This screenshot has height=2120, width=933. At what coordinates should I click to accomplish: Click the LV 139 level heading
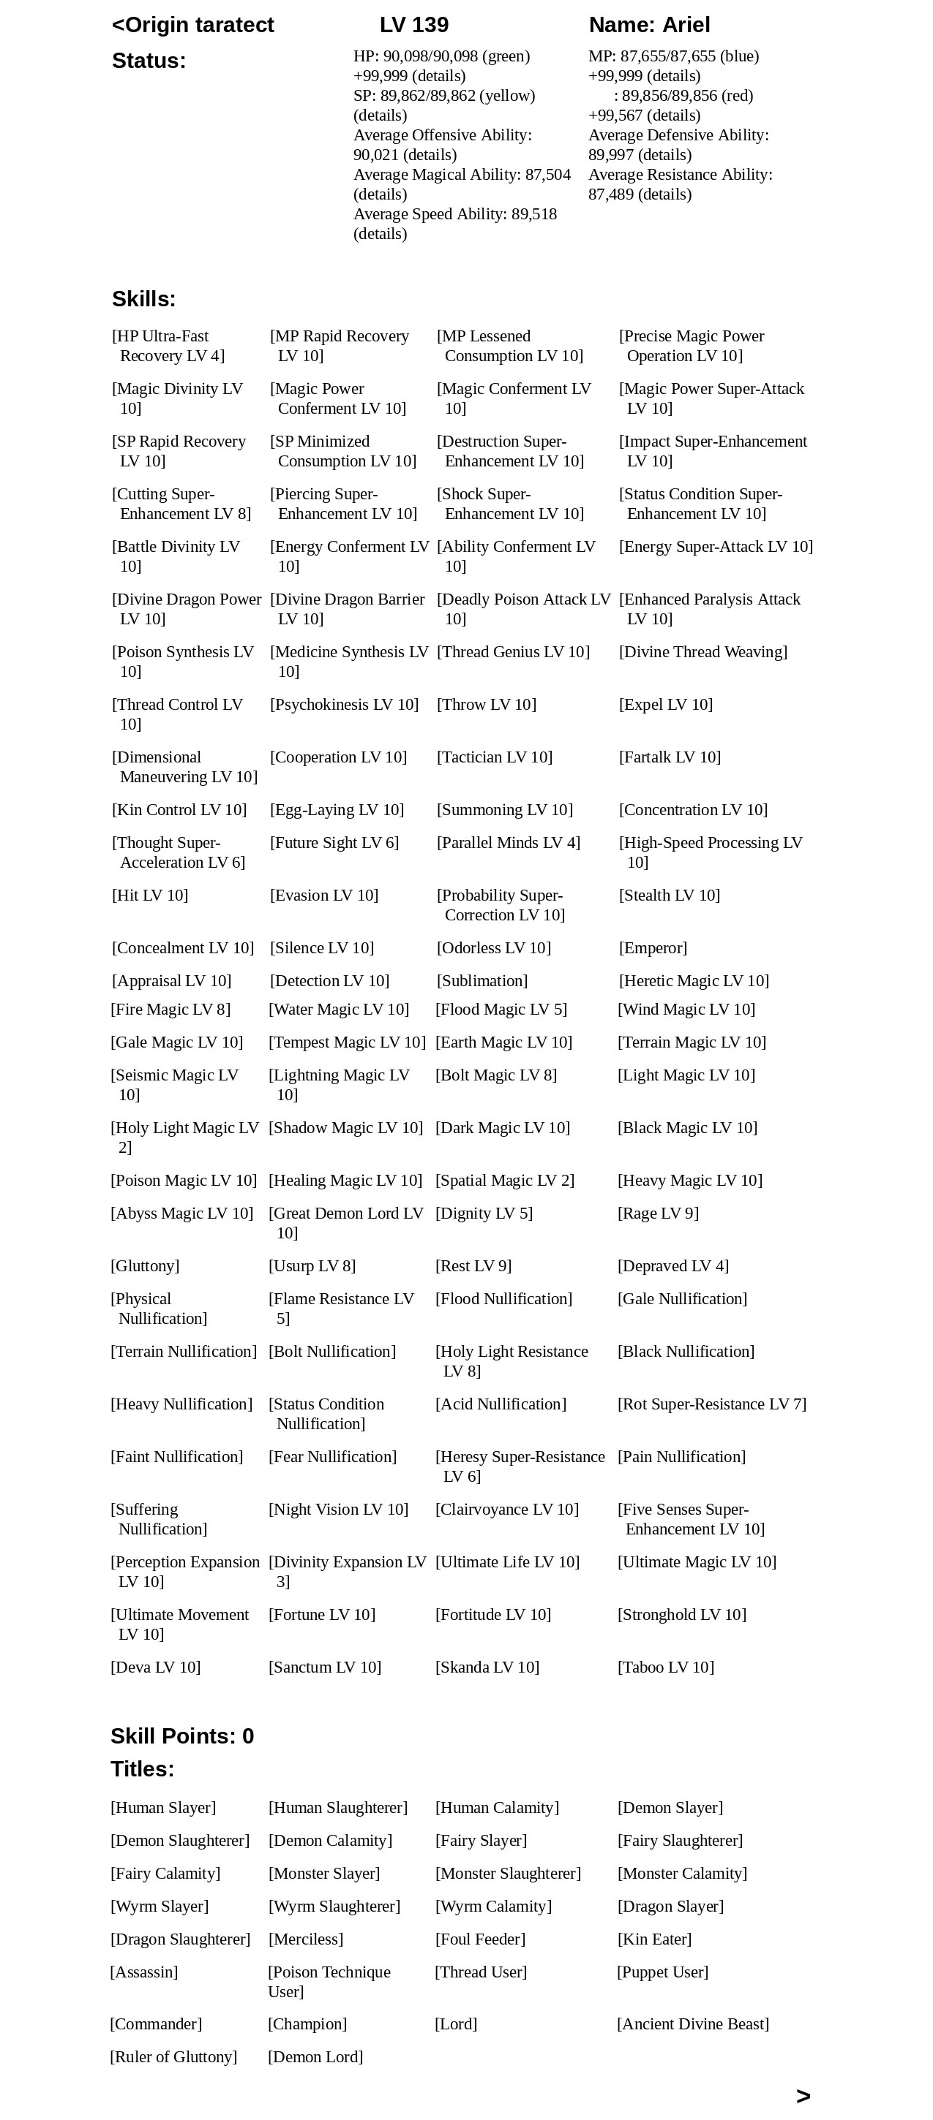click(413, 26)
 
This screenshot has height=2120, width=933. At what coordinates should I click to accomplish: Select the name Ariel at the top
click(649, 26)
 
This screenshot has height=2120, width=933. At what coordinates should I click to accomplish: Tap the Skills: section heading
click(144, 300)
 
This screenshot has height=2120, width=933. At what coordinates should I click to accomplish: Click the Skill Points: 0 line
click(182, 1735)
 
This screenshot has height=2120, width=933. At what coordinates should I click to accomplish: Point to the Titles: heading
click(143, 1768)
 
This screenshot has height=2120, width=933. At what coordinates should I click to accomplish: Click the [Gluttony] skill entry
click(145, 1265)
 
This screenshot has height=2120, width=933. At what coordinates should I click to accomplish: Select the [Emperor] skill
click(653, 948)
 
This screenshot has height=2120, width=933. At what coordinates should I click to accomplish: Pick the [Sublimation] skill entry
click(482, 981)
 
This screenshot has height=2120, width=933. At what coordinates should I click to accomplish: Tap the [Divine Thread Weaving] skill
click(703, 652)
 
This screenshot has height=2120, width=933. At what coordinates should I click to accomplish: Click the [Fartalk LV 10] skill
click(670, 757)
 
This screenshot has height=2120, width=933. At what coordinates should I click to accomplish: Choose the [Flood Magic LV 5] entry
click(501, 1010)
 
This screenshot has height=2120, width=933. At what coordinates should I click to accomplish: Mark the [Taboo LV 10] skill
click(665, 1667)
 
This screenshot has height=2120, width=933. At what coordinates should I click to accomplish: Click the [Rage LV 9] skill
click(658, 1213)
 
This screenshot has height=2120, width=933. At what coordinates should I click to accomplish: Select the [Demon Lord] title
click(315, 2056)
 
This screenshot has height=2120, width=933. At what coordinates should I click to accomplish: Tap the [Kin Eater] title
click(655, 1939)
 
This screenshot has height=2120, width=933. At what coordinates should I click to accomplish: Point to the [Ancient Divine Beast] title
click(692, 2024)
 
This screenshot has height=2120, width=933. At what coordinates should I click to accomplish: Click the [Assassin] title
click(144, 1972)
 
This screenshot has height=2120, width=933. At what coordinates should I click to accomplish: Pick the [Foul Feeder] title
click(480, 1939)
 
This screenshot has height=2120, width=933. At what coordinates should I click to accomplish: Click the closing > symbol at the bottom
click(803, 2096)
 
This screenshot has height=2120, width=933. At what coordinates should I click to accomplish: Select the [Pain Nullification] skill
click(682, 1457)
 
